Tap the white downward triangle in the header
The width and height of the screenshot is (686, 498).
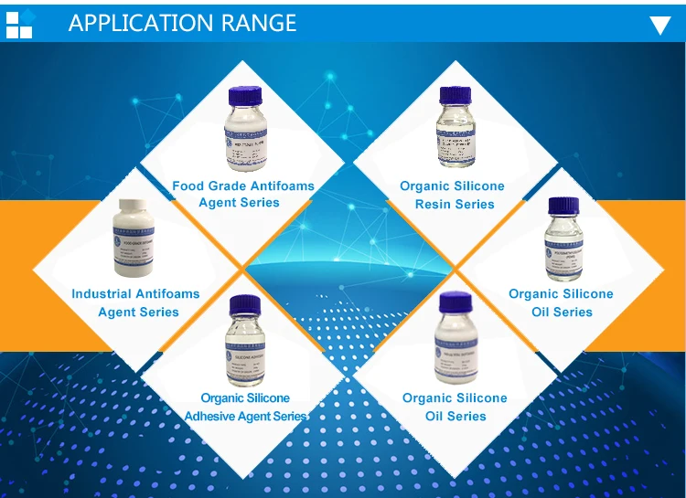tap(659, 25)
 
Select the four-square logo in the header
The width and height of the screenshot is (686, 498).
tap(19, 23)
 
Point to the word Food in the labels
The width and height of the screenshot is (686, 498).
tap(188, 186)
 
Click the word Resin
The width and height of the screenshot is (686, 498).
tap(434, 204)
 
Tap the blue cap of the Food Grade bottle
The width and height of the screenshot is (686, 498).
tap(245, 95)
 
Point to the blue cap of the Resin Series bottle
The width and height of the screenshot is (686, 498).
tap(455, 95)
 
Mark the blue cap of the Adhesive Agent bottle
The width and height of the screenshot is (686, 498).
tap(245, 305)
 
